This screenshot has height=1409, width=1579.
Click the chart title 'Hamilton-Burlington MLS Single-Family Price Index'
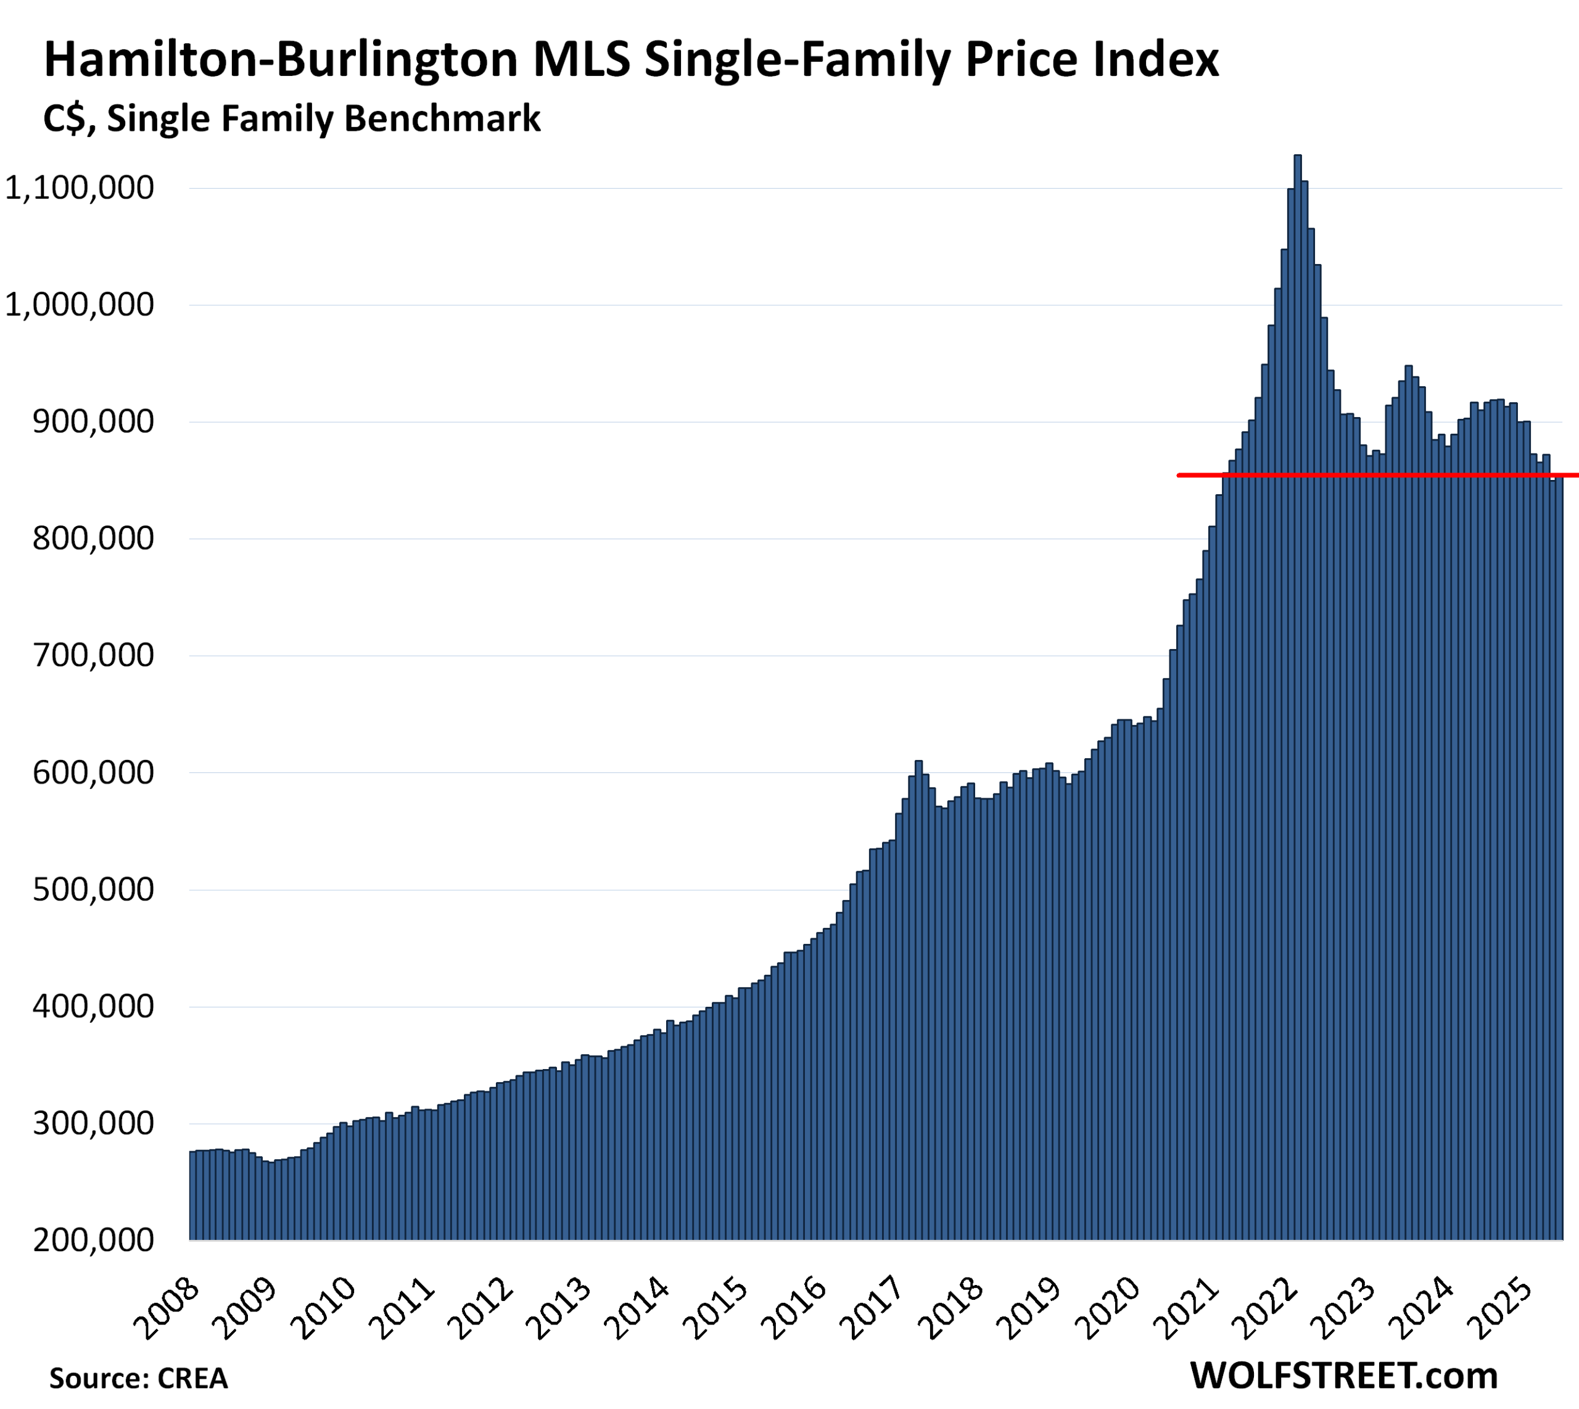(631, 60)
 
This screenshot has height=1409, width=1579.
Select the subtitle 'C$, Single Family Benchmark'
(292, 119)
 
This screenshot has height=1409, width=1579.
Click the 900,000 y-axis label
(93, 422)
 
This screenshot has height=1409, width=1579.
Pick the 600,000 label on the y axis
(93, 772)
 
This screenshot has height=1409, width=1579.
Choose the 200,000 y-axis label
(93, 1240)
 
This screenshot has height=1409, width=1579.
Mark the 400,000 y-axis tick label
(93, 1006)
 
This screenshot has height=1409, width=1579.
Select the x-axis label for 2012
(483, 1308)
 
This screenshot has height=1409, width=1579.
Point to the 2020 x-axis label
(1112, 1308)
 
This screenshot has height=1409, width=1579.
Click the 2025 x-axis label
(1506, 1308)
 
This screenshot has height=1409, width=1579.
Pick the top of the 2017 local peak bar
(919, 763)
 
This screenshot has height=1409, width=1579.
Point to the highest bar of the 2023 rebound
(1409, 368)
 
